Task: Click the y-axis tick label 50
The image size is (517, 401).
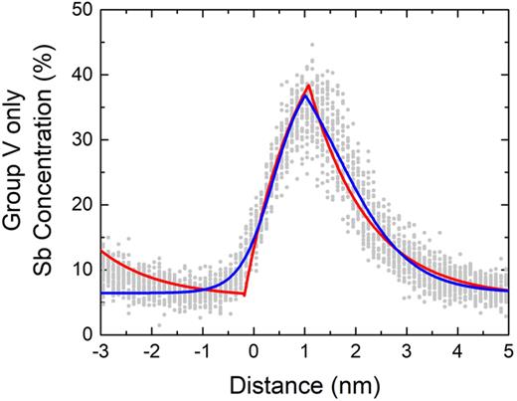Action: pos(83,9)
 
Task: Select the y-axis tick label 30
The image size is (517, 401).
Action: pos(83,139)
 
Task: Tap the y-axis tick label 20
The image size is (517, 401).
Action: pos(83,204)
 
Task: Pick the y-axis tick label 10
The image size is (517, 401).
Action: pos(83,269)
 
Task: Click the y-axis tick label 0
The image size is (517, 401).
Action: pos(87,334)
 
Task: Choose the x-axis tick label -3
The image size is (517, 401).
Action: pos(100,353)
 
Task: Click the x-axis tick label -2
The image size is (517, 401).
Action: pos(151,353)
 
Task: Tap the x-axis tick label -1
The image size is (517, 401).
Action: pos(202,353)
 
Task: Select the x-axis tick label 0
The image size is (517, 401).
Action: pos(255,353)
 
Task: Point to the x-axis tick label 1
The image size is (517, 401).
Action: pos(306,353)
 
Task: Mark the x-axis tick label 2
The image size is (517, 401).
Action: pos(357,353)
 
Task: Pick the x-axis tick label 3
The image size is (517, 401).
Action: pos(408,353)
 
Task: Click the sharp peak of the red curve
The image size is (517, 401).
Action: pos(309,85)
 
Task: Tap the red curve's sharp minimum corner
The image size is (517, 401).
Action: pos(245,295)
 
